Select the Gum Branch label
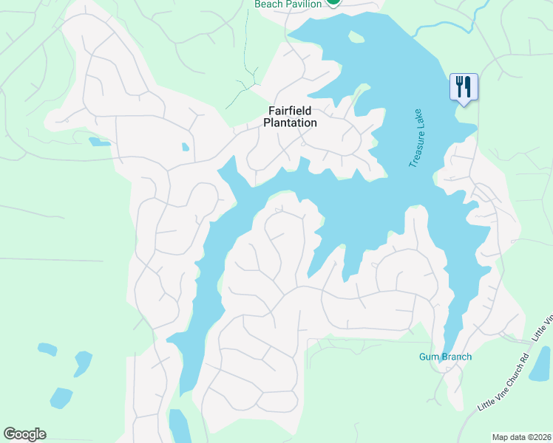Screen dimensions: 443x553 (445, 357)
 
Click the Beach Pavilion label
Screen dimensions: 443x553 (288, 4)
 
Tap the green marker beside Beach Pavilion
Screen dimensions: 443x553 (333, 2)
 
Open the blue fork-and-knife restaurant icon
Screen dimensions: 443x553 (464, 87)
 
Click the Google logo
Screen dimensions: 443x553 (24, 434)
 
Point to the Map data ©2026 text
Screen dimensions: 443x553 (520, 437)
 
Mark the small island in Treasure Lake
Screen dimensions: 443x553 (356, 37)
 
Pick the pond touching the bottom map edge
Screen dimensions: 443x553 (180, 426)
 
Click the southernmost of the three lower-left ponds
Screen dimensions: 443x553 (61, 397)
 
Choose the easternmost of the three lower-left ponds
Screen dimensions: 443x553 (82, 363)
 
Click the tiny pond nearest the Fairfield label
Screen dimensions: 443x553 (185, 147)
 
